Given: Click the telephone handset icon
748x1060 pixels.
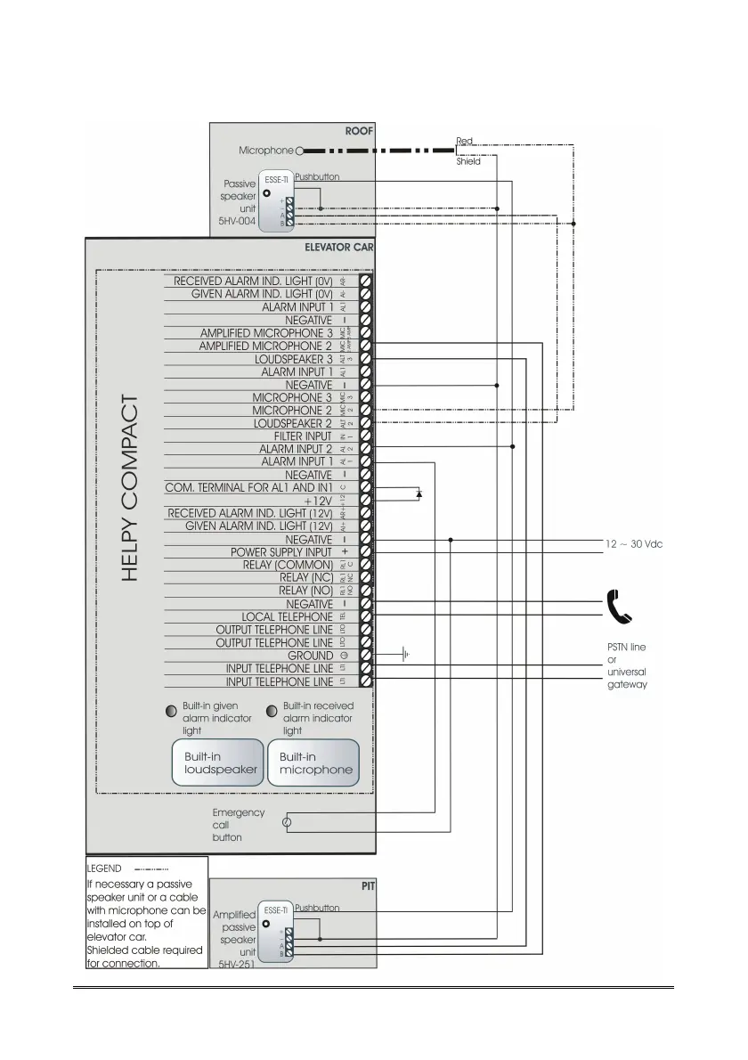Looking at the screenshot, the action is pyautogui.click(x=618, y=606).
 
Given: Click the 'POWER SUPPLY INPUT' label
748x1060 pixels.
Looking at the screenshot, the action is pyautogui.click(x=280, y=552).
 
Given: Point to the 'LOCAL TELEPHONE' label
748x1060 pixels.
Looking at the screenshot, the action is pyautogui.click(x=287, y=616).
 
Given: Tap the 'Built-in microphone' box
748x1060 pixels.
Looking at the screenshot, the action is pyautogui.click(x=315, y=762).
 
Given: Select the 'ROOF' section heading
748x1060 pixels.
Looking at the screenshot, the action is pyautogui.click(x=359, y=132).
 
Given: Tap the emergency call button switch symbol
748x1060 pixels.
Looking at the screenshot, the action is pyautogui.click(x=286, y=822).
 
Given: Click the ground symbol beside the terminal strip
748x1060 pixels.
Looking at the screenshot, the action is pyautogui.click(x=405, y=656).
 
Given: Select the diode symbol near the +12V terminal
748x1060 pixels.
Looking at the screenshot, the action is pyautogui.click(x=419, y=491).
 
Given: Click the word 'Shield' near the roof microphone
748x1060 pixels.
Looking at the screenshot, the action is pyautogui.click(x=468, y=161).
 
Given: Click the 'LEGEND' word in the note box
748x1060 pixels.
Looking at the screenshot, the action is pyautogui.click(x=104, y=868).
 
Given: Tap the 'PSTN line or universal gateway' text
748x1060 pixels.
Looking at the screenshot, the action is pyautogui.click(x=627, y=666).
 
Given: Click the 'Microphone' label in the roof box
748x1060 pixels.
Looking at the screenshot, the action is pyautogui.click(x=265, y=151).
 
